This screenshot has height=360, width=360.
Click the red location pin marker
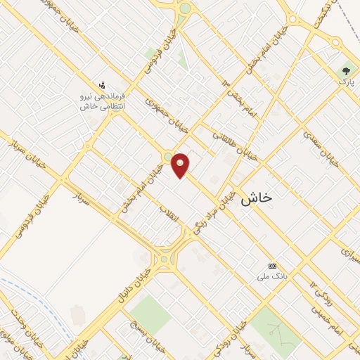click(x=181, y=165)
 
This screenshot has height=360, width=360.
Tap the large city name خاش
click(x=256, y=199)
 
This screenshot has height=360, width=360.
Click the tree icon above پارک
click(x=345, y=70)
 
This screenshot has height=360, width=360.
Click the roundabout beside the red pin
click(x=168, y=156)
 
